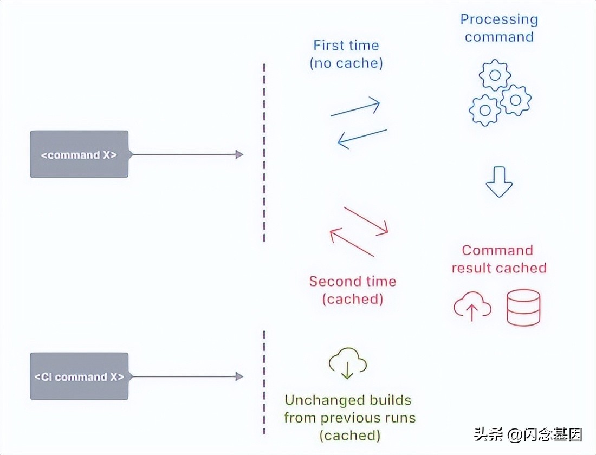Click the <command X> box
79,154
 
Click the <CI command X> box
79,376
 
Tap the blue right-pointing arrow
355,108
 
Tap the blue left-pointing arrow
362,138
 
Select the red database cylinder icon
523,307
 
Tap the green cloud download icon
347,365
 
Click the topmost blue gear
494,76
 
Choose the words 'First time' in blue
346,45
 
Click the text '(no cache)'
346,63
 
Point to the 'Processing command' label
499,28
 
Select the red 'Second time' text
352,281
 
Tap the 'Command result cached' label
498,259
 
